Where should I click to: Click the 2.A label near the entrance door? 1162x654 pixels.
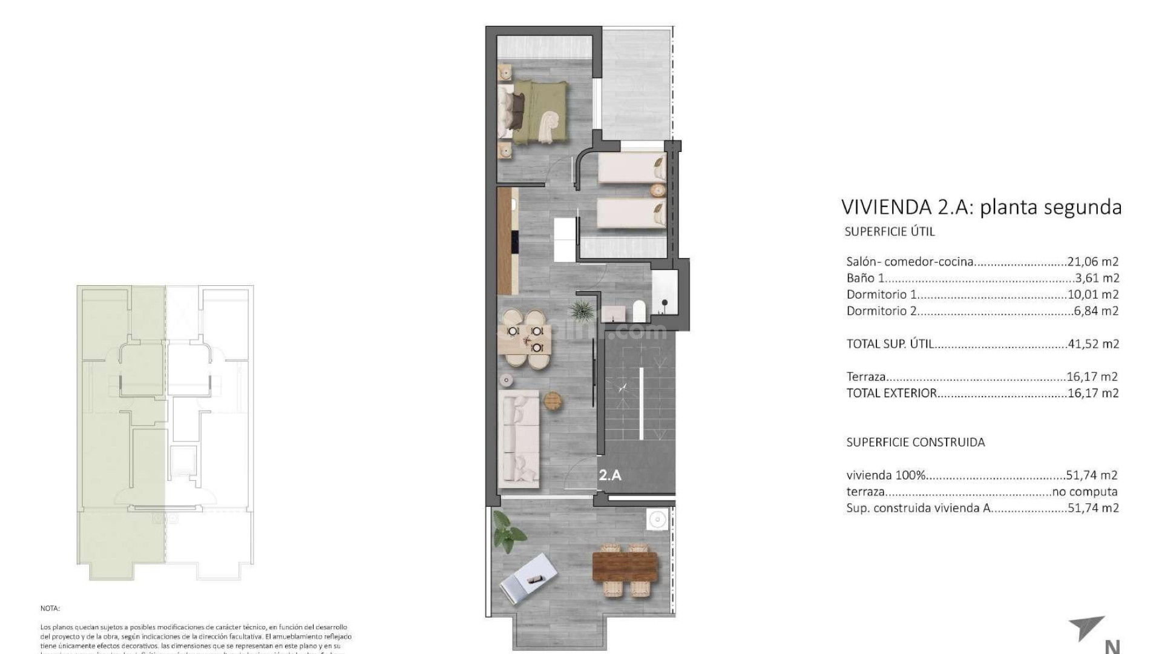610,475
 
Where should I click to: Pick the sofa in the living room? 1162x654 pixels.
518,438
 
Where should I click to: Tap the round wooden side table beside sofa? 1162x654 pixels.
553,400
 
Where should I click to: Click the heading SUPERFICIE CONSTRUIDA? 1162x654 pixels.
915,442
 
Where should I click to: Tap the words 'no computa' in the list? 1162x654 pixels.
1085,492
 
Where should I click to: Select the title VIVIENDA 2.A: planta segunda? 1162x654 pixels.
981,207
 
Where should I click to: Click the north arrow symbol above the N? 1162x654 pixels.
1089,635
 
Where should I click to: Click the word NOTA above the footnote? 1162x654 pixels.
50,608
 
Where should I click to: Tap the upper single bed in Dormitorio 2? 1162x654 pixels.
631,167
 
